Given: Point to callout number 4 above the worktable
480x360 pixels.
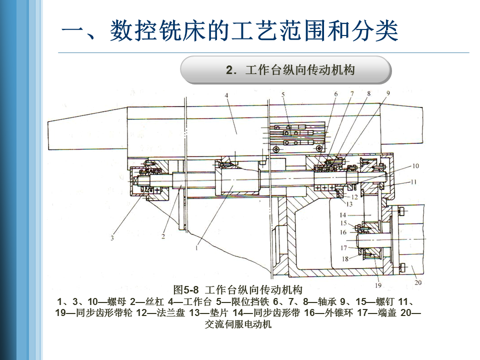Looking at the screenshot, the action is (x=226, y=95).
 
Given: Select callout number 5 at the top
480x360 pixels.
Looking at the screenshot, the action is (x=282, y=93).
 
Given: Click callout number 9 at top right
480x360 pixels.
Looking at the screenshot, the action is (x=387, y=93).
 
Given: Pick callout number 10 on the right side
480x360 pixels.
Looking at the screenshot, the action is (x=415, y=166).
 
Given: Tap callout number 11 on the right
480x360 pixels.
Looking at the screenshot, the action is (x=413, y=182).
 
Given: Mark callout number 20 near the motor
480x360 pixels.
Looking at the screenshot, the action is (x=418, y=282).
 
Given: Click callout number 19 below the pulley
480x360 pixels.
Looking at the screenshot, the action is (x=378, y=285).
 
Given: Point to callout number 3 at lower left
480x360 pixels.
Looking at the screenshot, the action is (x=112, y=238).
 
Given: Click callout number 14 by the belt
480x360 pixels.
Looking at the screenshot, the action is (x=349, y=215).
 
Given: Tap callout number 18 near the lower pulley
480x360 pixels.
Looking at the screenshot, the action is (x=345, y=258).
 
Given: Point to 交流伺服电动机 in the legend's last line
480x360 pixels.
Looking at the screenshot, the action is (x=238, y=324).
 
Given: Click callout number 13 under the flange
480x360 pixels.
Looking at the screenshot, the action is (x=349, y=204).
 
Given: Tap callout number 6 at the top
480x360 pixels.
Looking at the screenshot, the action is (x=336, y=93).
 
